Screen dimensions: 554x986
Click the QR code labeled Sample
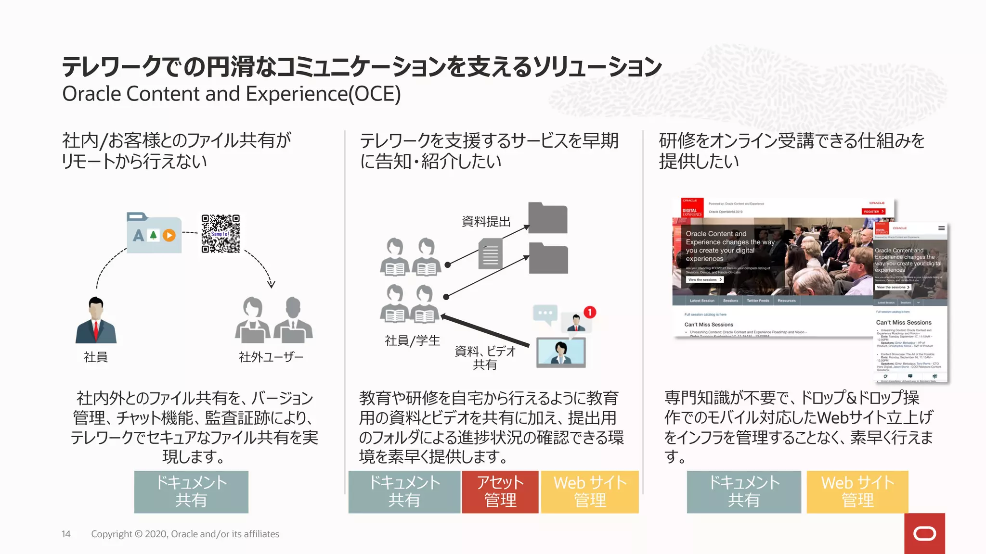point(221,234)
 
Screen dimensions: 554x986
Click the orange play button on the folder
point(169,235)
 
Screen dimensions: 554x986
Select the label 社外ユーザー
point(271,357)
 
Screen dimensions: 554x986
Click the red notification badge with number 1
point(590,312)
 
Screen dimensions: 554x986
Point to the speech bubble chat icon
point(545,314)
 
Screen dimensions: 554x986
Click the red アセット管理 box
point(500,491)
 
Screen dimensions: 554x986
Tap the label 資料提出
point(486,222)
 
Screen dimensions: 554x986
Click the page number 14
point(66,534)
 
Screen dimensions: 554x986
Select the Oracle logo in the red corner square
point(924,533)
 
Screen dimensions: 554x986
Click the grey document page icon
point(491,254)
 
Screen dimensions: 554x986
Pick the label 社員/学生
point(413,340)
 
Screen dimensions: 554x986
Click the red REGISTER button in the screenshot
point(873,212)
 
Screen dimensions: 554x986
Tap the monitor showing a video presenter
point(561,353)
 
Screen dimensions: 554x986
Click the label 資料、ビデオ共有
point(485,358)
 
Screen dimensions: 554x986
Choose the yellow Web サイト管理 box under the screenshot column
point(857,491)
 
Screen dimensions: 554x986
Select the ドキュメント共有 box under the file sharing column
point(191,491)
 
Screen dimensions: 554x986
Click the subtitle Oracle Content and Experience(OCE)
point(232,94)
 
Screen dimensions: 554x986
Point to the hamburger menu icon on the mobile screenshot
point(941,228)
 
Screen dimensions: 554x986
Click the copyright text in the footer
point(185,534)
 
